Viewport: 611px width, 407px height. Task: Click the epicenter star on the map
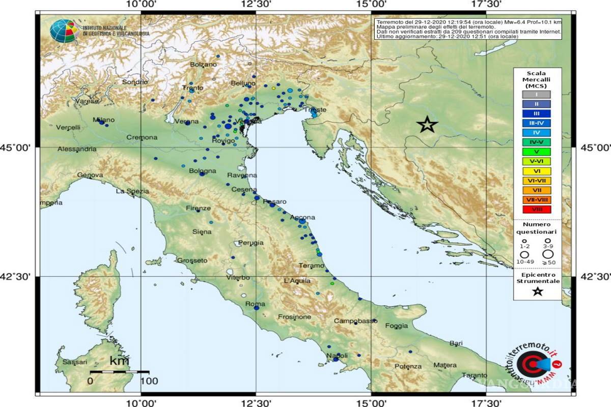(x=427, y=124)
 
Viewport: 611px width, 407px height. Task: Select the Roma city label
(x=255, y=304)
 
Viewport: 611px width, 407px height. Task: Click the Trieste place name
(x=314, y=109)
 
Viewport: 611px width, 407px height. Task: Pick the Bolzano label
(x=203, y=65)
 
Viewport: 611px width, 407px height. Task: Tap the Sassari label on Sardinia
(x=75, y=362)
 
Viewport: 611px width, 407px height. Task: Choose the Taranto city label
(x=475, y=375)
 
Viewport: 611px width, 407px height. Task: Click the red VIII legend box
(x=536, y=209)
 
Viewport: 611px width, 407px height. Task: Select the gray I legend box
(x=536, y=94)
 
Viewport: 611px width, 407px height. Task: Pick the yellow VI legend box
(x=536, y=171)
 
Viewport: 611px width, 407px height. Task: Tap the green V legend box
(x=536, y=152)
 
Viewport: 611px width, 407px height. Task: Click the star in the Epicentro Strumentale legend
(x=537, y=292)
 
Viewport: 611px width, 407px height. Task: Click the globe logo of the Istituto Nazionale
(x=64, y=31)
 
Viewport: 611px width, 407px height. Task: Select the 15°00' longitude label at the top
(x=371, y=5)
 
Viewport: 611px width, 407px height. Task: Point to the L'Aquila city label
(x=297, y=281)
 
